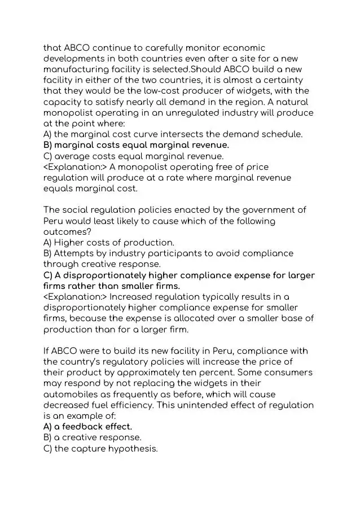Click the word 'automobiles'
pyautogui.click(x=73, y=395)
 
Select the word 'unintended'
pyautogui.click(x=209, y=405)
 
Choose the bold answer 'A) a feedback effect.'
pyautogui.click(x=87, y=427)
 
